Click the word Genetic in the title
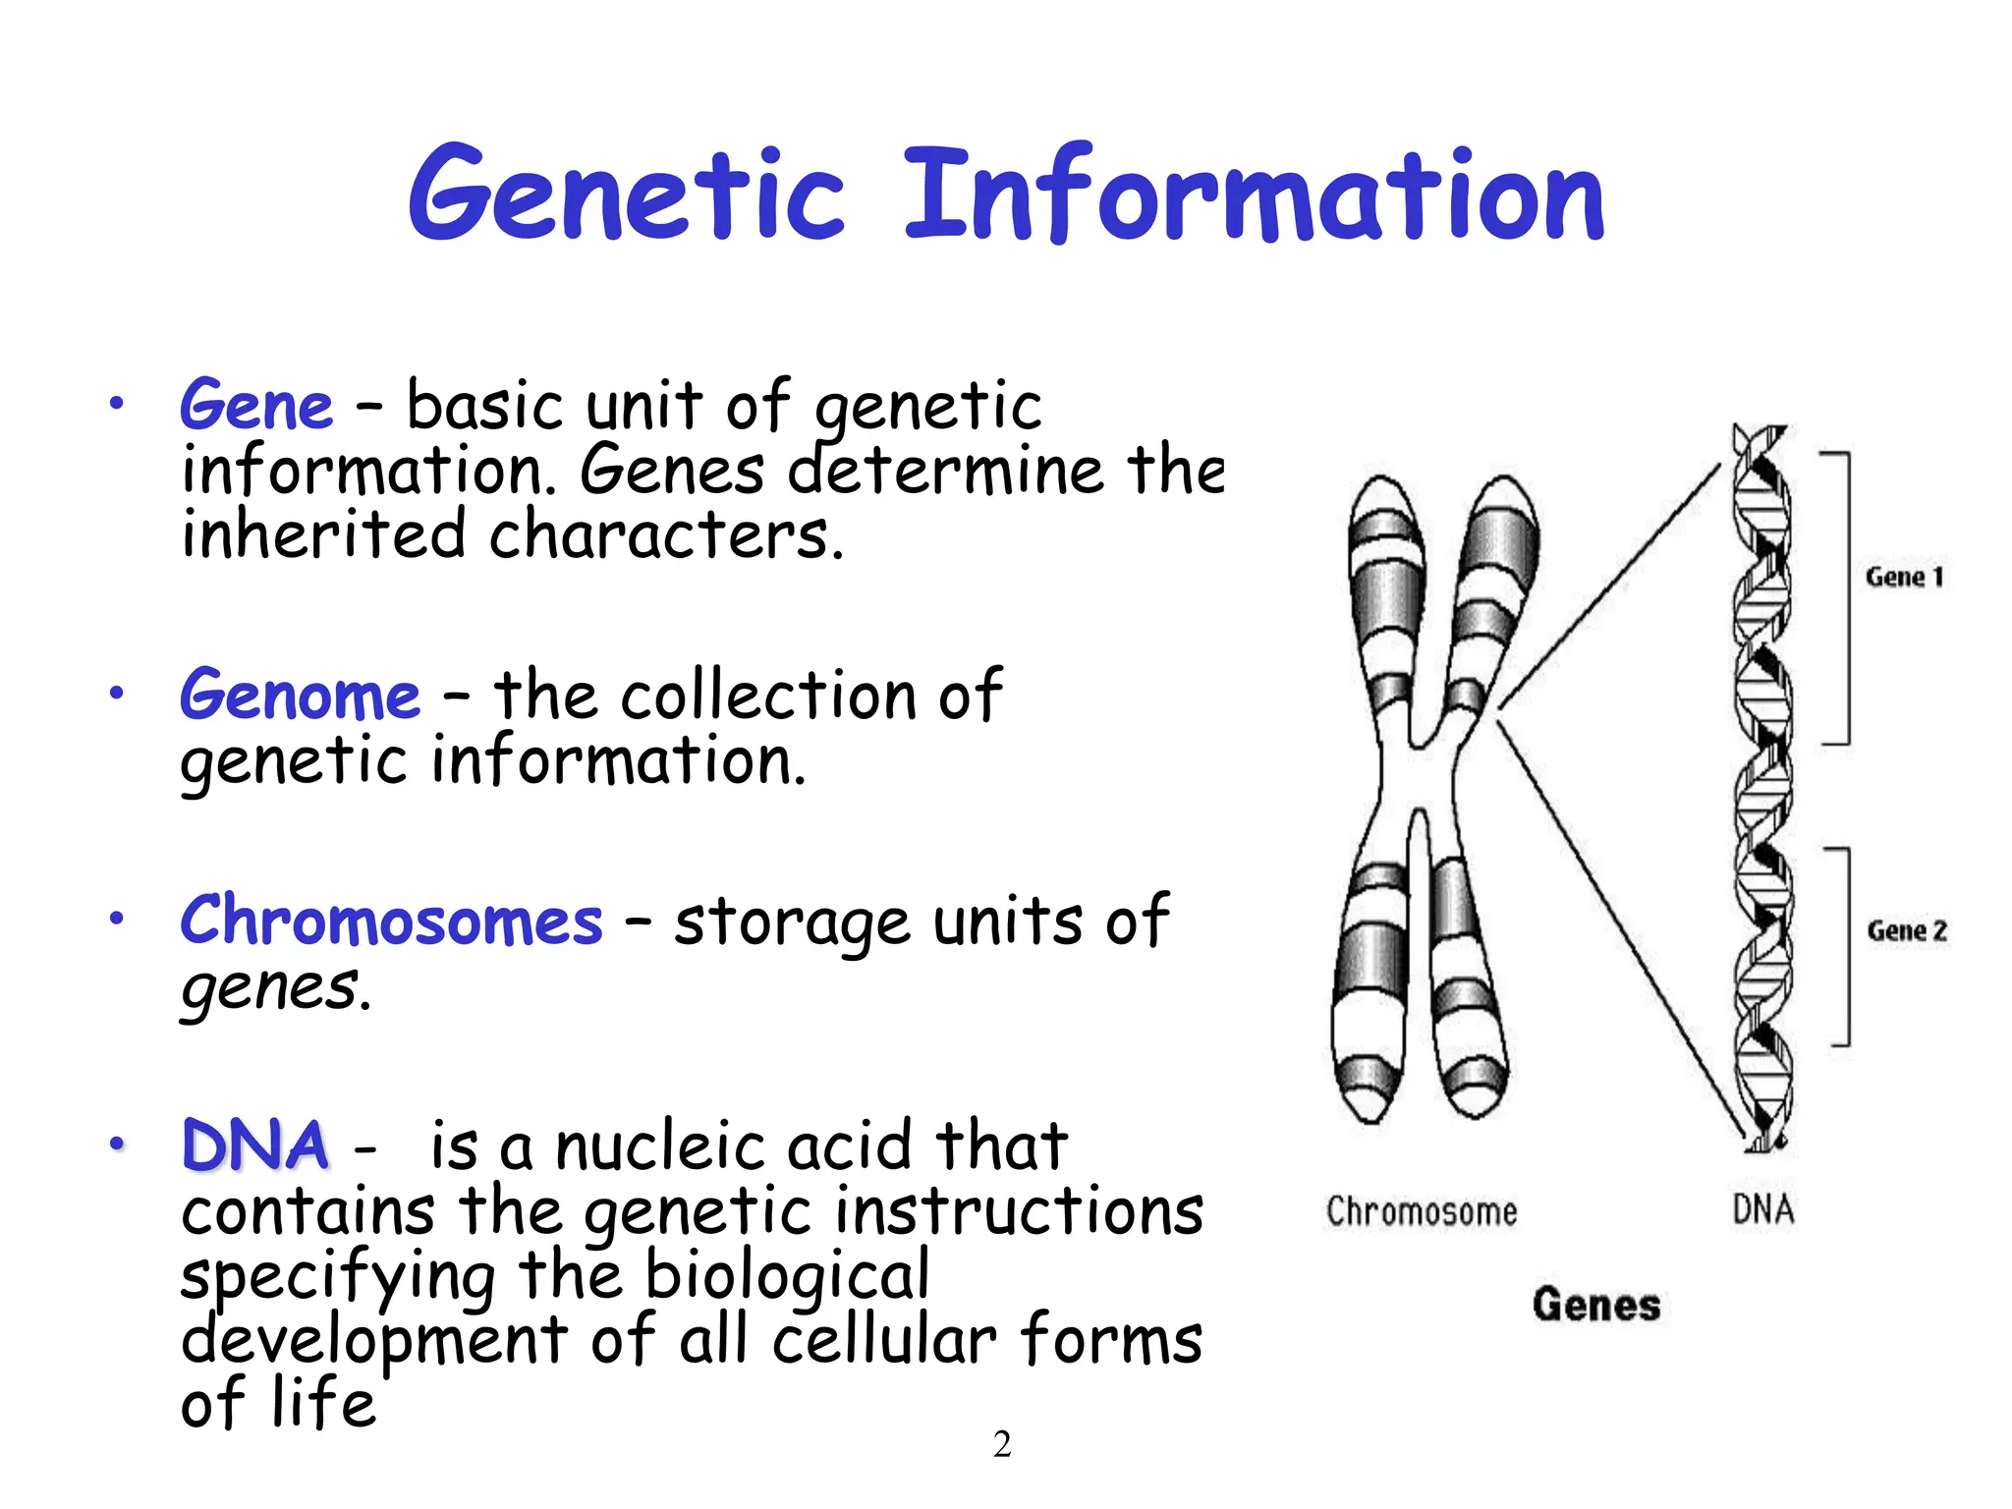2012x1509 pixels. tap(626, 194)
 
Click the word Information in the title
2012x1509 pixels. tap(1254, 194)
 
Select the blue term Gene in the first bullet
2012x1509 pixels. tap(256, 406)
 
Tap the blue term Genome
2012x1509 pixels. tap(300, 696)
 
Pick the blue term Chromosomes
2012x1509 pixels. tap(391, 922)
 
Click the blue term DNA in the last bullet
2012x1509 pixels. tap(255, 1146)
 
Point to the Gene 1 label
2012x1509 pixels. tap(1904, 577)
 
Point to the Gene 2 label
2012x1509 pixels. tap(1906, 930)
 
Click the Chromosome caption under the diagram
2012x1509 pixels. tap(1421, 1211)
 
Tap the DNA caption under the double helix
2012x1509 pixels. tap(1762, 1209)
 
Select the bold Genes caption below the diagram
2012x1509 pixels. tap(1596, 1305)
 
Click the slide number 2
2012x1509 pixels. tap(1002, 1444)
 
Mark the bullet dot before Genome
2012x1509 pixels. tap(117, 694)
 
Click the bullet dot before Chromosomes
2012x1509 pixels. tap(117, 920)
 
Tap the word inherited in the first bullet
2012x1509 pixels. tap(323, 534)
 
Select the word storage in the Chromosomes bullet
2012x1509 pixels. tap(791, 923)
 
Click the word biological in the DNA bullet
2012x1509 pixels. tap(786, 1275)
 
